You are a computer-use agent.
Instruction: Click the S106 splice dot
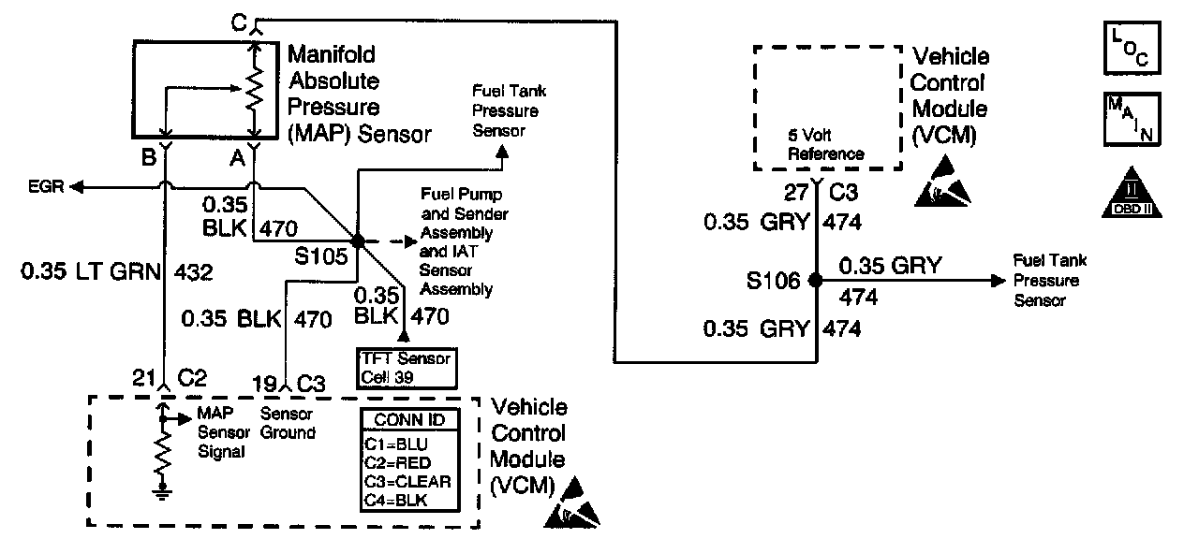point(815,279)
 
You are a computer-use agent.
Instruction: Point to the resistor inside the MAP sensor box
point(253,90)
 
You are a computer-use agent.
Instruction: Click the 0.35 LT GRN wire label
point(90,274)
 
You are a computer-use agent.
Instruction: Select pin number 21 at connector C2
point(141,378)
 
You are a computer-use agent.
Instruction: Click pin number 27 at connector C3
point(796,193)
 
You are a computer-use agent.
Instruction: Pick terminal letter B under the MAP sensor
point(148,158)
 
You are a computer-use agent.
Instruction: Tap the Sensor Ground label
point(287,424)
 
